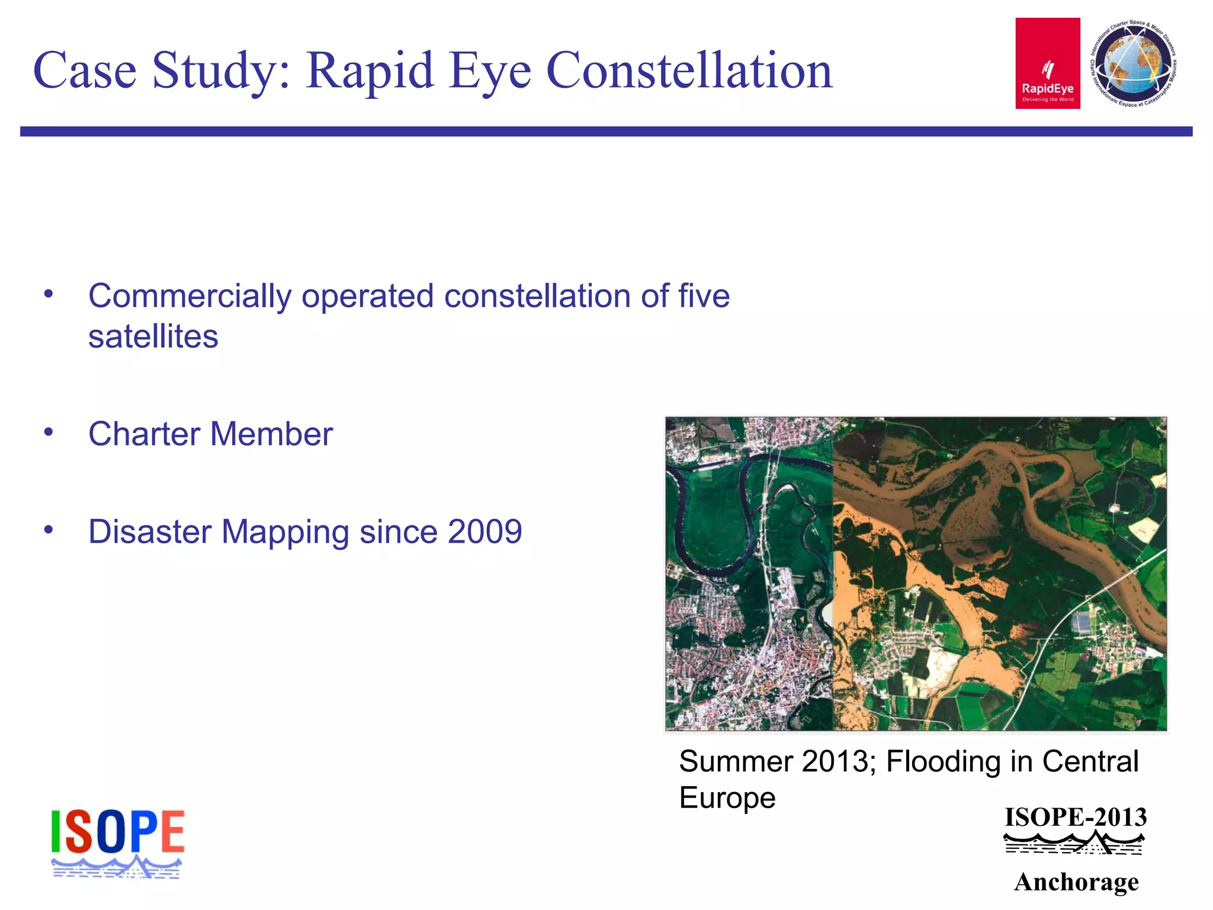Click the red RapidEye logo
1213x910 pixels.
[1047, 63]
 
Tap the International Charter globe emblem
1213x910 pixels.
[1133, 63]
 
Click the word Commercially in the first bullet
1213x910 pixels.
[190, 296]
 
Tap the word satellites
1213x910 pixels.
[153, 337]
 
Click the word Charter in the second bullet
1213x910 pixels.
[144, 434]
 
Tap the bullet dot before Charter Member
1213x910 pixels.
[49, 432]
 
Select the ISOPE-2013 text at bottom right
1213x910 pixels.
[1076, 818]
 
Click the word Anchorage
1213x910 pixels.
[1076, 882]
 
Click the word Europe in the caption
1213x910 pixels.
[727, 797]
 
